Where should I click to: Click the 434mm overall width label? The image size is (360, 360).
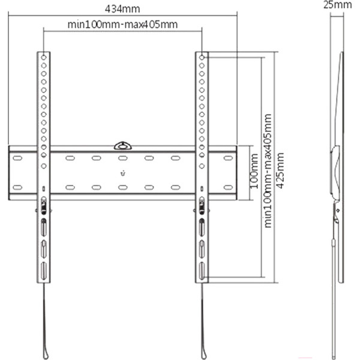pos(124,8)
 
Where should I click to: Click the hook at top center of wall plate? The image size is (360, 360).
pos(122,145)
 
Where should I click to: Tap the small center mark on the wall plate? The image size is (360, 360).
pos(122,175)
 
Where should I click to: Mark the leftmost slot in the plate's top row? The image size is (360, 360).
pos(17,159)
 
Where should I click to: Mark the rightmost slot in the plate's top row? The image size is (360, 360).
pos(227,159)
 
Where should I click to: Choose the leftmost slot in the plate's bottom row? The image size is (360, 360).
pos(17,187)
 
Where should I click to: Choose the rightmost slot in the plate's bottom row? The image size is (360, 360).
pos(227,187)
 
